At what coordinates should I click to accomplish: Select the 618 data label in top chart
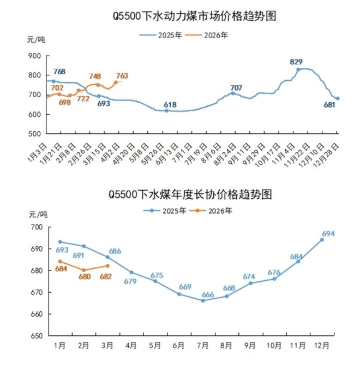click(171, 104)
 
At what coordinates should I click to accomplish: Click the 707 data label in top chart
click(236, 87)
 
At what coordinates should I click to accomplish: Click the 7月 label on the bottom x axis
click(202, 346)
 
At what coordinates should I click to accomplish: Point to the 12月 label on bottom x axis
click(321, 346)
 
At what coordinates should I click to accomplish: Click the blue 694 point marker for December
click(322, 240)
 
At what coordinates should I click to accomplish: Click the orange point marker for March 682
click(107, 266)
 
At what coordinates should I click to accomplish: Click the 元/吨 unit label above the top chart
click(36, 39)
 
